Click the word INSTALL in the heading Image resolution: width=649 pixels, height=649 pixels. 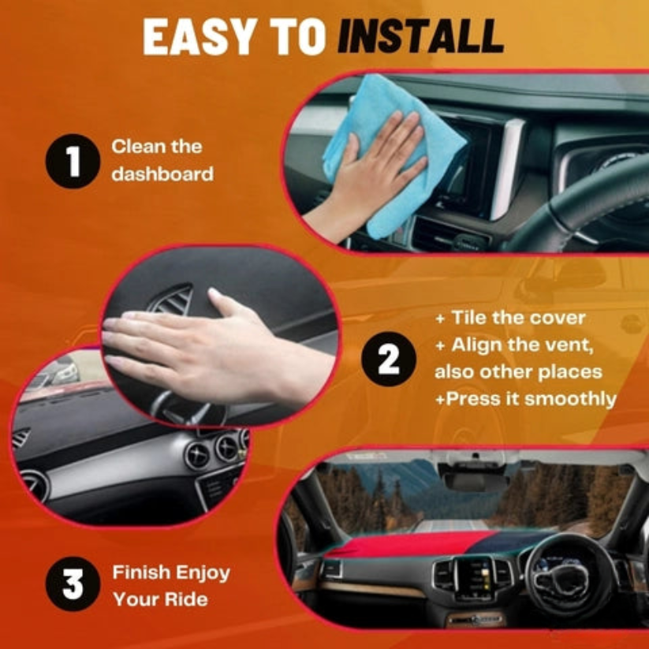tap(420, 36)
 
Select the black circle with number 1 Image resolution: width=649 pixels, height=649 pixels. tap(73, 161)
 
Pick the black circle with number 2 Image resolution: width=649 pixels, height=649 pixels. tap(389, 359)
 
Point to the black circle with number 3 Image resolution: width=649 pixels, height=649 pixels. tap(73, 584)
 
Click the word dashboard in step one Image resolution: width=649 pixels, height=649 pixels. tap(162, 173)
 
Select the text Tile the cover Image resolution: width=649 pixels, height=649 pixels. tap(518, 318)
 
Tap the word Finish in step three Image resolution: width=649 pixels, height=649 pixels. tap(141, 573)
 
